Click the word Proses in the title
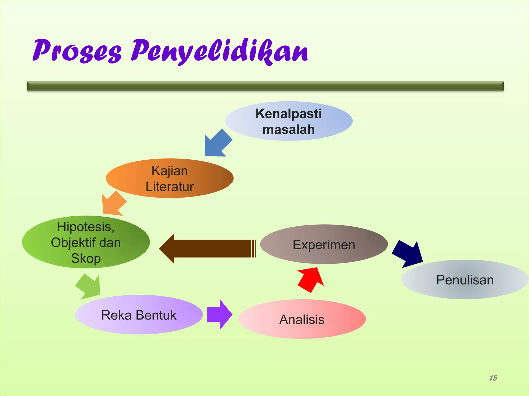(77, 51)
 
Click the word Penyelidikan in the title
(220, 51)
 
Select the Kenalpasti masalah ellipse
(289, 121)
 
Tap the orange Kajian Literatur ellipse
(170, 178)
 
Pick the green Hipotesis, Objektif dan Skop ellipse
(86, 242)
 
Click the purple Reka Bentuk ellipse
(139, 315)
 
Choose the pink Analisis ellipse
(302, 319)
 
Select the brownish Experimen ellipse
(324, 244)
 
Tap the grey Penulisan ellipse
(465, 280)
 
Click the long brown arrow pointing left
(207, 249)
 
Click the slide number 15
(493, 378)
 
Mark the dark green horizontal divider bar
(265, 86)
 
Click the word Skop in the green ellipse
(86, 258)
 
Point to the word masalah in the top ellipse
(289, 129)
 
